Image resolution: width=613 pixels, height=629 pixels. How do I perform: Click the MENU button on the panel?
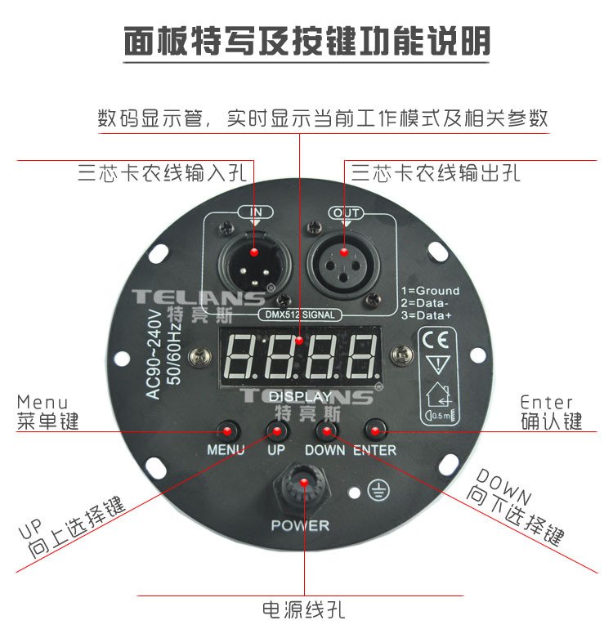pyautogui.click(x=227, y=431)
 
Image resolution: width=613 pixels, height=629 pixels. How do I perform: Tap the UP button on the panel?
pyautogui.click(x=277, y=431)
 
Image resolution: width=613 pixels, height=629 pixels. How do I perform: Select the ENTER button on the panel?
pyautogui.click(x=375, y=430)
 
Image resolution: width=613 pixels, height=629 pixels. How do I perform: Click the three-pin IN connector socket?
pyautogui.click(x=254, y=265)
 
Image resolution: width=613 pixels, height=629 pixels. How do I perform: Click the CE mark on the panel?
pyautogui.click(x=436, y=340)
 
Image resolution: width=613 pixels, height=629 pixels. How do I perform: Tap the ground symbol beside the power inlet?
pyautogui.click(x=378, y=492)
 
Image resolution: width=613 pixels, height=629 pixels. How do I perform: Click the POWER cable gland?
pyautogui.click(x=303, y=487)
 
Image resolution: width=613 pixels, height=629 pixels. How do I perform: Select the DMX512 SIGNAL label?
pyautogui.click(x=300, y=314)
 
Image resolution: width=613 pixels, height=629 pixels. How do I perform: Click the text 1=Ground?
pyautogui.click(x=430, y=291)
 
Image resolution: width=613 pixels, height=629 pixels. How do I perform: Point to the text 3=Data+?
pyautogui.click(x=427, y=315)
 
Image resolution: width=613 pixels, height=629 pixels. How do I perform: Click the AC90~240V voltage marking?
pyautogui.click(x=154, y=355)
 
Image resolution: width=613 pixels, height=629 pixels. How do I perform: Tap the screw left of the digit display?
pyautogui.click(x=200, y=355)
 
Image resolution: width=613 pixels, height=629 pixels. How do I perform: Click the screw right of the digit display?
pyautogui.click(x=401, y=355)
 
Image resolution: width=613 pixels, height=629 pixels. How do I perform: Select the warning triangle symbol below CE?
pyautogui.click(x=437, y=364)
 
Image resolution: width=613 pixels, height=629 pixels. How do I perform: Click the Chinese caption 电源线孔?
pyautogui.click(x=303, y=610)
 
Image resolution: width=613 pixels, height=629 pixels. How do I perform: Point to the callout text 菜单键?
pyautogui.click(x=47, y=422)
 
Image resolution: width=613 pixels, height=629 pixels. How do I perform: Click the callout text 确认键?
pyautogui.click(x=552, y=422)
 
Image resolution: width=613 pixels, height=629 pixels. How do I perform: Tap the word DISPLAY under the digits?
pyautogui.click(x=300, y=397)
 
